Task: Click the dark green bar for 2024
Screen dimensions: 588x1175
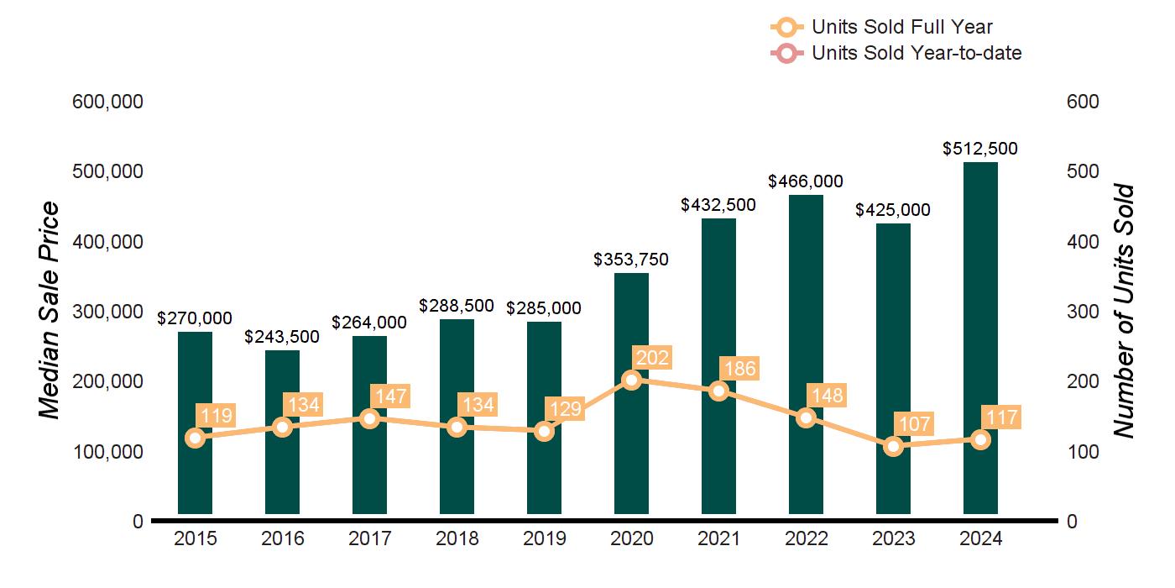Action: click(x=980, y=336)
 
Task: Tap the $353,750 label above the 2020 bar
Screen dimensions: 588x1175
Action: click(x=631, y=260)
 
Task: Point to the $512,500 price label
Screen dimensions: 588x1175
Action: click(x=980, y=149)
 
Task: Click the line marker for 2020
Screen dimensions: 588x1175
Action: click(x=632, y=380)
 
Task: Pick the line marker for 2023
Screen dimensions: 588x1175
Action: click(x=893, y=446)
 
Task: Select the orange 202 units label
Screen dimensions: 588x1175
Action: click(x=653, y=359)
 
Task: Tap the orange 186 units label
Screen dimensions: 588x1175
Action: click(x=740, y=368)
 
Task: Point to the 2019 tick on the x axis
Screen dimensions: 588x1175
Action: click(x=544, y=539)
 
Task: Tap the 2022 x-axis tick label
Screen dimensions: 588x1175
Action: click(x=806, y=539)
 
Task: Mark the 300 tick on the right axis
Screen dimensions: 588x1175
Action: click(x=1084, y=312)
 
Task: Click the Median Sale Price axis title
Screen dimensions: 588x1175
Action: click(x=50, y=311)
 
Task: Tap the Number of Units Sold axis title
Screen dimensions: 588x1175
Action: click(x=1123, y=311)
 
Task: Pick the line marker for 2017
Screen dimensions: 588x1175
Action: click(x=370, y=418)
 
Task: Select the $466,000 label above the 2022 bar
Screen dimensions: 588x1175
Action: click(x=806, y=181)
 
